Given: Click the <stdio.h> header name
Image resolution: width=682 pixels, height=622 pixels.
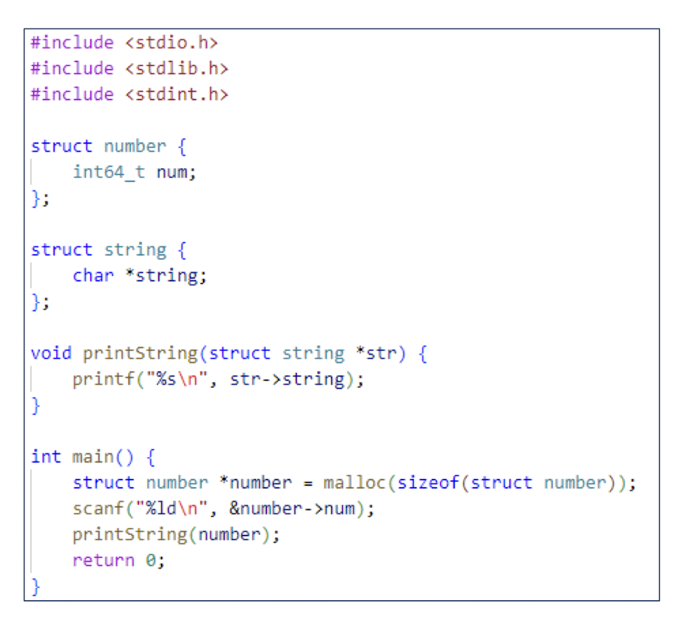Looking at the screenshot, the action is (171, 43).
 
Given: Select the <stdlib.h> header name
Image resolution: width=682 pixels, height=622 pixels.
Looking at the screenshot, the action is (176, 68).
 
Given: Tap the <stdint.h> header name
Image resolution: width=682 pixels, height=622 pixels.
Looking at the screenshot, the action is (176, 94).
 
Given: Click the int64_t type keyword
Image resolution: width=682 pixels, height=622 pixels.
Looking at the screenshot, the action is (108, 172).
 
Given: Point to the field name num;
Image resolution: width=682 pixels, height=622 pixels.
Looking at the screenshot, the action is (176, 172).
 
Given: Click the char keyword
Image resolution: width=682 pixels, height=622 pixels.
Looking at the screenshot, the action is (93, 275).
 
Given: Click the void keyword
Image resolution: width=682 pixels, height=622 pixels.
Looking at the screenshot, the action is (51, 353).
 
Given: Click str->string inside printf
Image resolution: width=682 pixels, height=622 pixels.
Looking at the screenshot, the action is (287, 379).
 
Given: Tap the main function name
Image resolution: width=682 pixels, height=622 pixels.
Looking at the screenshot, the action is (93, 456).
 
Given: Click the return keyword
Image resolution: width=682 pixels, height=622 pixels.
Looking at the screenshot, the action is (103, 560).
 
